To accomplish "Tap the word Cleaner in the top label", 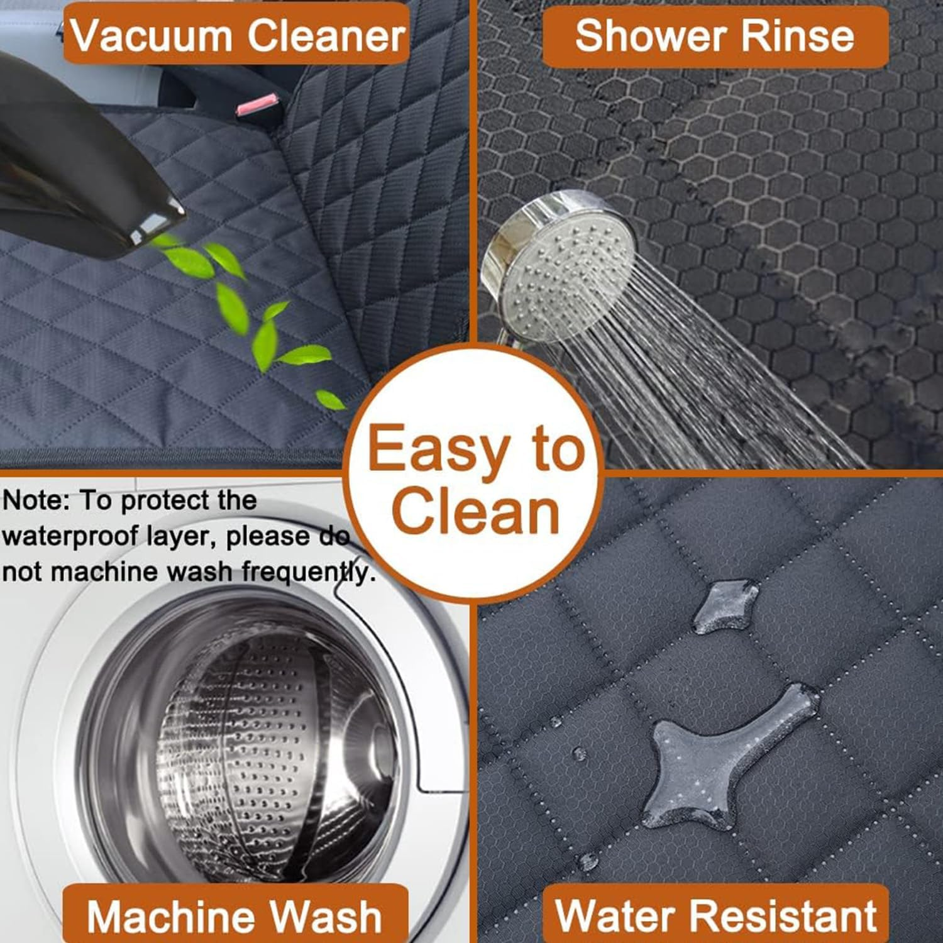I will point(326,36).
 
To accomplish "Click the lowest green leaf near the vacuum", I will point(330,399).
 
